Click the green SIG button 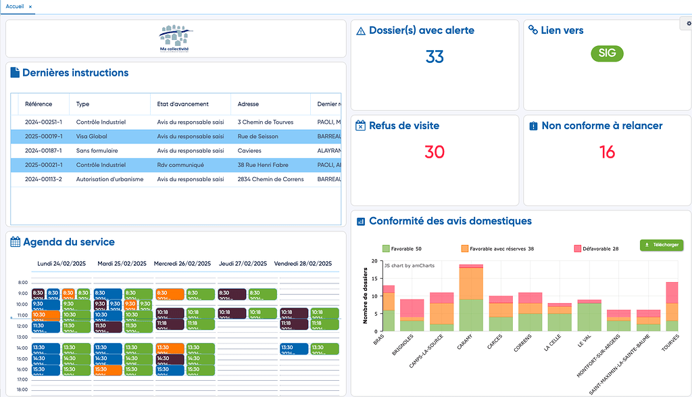tap(607, 53)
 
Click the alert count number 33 tap(435, 57)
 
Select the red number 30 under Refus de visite tap(435, 152)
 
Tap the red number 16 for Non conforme tap(607, 152)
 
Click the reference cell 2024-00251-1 tap(43, 122)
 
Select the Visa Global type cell tap(92, 137)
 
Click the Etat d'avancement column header tap(182, 104)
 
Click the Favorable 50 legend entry tap(402, 249)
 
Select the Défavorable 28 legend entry tap(596, 249)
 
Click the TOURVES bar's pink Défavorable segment tap(672, 292)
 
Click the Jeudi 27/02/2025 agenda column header tap(242, 264)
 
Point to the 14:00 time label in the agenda tap(22, 348)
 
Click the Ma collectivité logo tap(174, 39)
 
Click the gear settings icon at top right tap(688, 24)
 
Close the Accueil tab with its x tap(30, 6)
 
